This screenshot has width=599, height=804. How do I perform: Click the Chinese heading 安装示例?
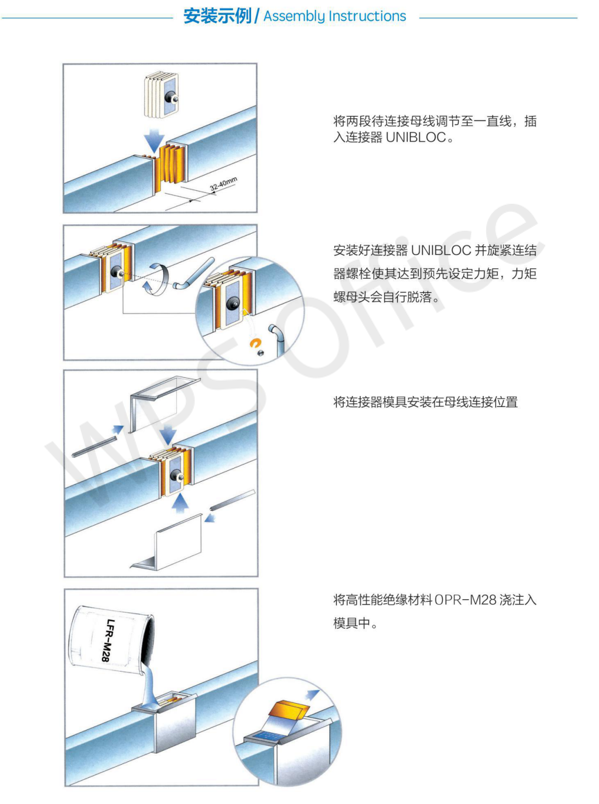click(x=217, y=16)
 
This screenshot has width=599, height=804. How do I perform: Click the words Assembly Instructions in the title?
click(x=334, y=16)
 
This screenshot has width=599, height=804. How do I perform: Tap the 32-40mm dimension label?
click(x=223, y=184)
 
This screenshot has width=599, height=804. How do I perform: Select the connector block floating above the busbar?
click(x=161, y=95)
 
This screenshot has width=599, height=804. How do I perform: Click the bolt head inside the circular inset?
click(x=233, y=303)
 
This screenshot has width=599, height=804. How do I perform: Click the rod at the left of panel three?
click(x=94, y=447)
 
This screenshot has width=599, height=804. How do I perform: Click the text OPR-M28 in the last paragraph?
click(x=465, y=600)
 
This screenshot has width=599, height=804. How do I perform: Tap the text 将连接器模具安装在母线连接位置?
click(x=425, y=402)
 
